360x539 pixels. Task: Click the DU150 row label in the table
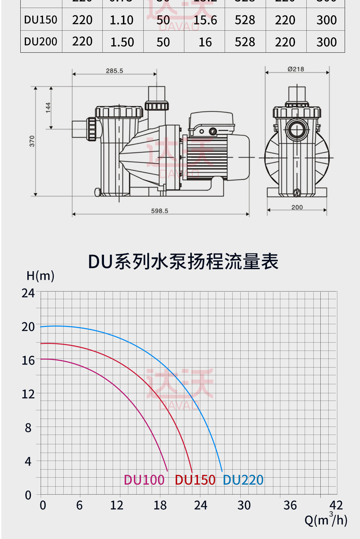(x=41, y=20)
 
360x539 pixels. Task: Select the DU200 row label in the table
(x=41, y=42)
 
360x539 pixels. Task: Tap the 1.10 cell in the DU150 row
(x=122, y=20)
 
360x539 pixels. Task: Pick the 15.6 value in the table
(x=205, y=20)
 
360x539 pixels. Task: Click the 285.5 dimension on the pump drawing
(x=114, y=71)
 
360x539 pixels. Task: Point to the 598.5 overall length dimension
(x=160, y=211)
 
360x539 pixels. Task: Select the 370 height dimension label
(x=32, y=141)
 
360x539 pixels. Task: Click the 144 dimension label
(x=48, y=107)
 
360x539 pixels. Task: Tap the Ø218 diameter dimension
(x=296, y=69)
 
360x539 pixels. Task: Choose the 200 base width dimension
(x=297, y=207)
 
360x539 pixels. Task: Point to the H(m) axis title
(x=40, y=276)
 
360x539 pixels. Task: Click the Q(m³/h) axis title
(x=326, y=519)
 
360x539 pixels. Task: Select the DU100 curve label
(x=144, y=480)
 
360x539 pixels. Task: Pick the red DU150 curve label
(x=195, y=480)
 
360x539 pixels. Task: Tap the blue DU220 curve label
(x=243, y=480)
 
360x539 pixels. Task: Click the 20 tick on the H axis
(x=28, y=327)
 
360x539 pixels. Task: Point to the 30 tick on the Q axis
(x=244, y=505)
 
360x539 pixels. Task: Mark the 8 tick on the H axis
(x=28, y=428)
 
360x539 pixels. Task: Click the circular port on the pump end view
(x=297, y=129)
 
